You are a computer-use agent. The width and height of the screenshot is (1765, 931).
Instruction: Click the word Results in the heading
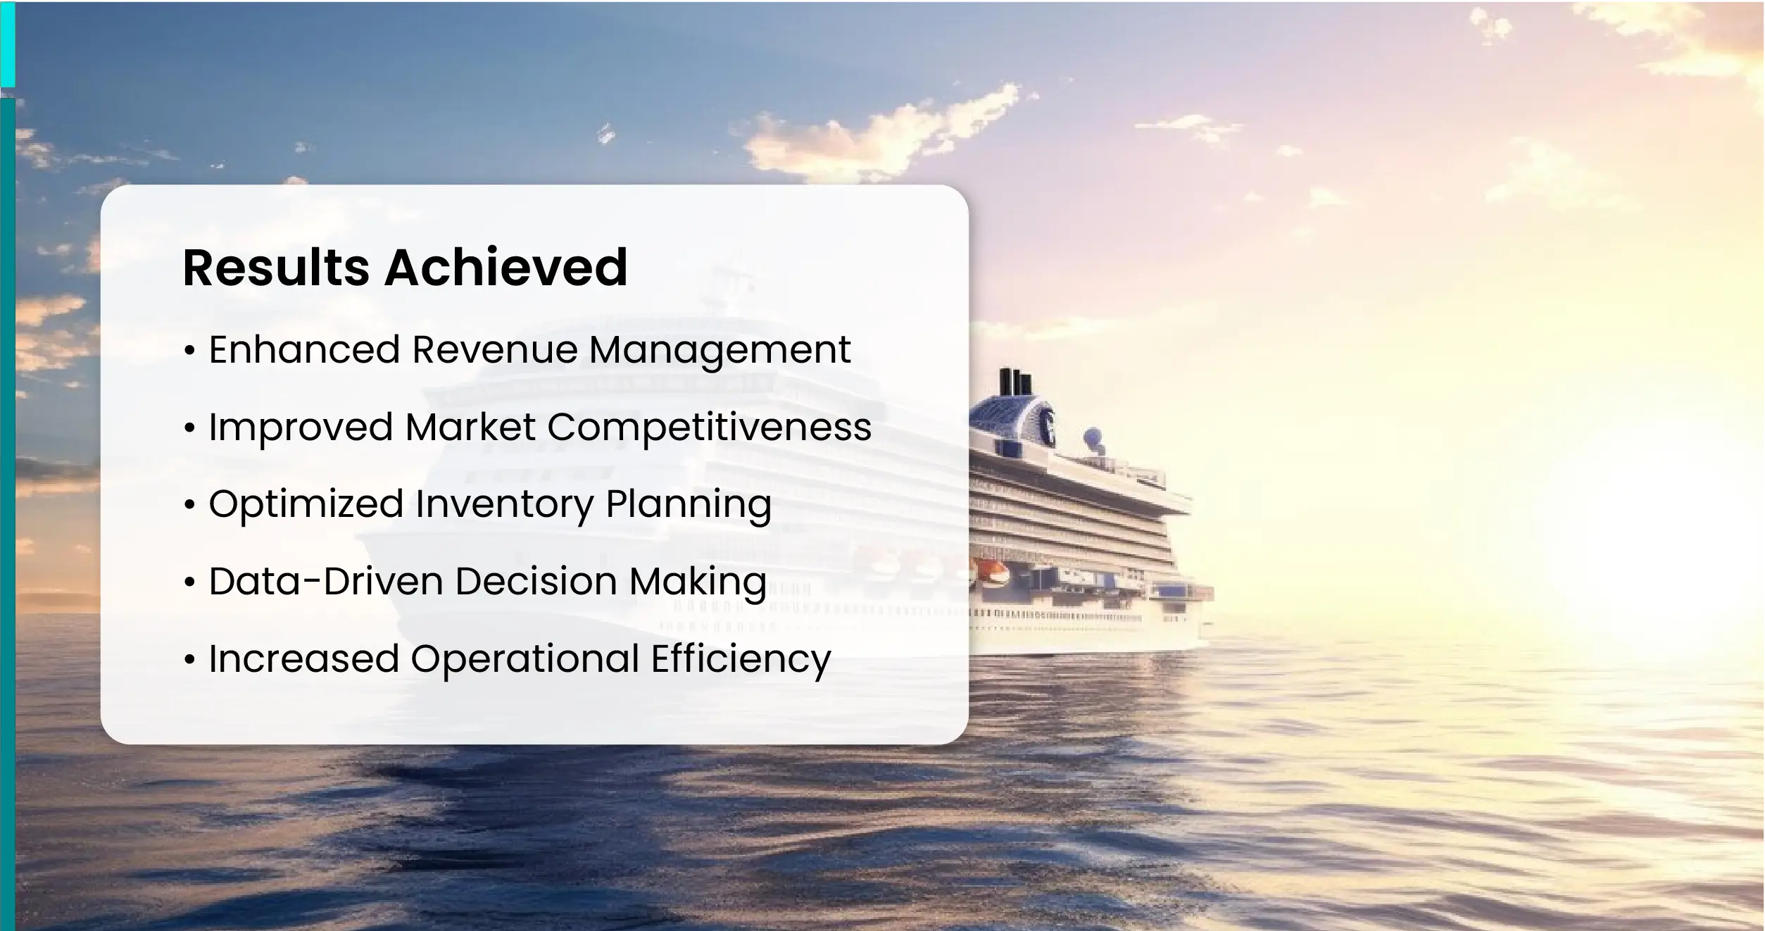[276, 268]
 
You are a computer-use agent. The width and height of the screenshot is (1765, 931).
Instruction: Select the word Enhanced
[305, 349]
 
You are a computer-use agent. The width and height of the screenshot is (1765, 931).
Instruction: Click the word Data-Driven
[326, 582]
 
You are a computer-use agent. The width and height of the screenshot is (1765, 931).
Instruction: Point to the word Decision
[536, 582]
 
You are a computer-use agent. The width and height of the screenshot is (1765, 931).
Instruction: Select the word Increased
[304, 659]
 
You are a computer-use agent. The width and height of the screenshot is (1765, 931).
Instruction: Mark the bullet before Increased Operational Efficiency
[189, 660]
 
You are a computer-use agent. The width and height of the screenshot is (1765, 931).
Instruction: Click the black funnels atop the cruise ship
[1015, 382]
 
